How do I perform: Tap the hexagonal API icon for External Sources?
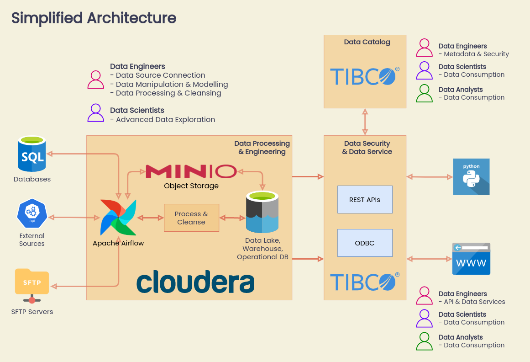click(32, 213)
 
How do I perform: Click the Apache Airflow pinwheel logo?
click(118, 218)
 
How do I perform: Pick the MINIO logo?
click(191, 171)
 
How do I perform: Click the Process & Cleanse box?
click(191, 218)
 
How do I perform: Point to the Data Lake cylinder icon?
click(262, 213)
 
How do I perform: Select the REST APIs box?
click(365, 200)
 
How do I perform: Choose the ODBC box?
click(365, 243)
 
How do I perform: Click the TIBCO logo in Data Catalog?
click(365, 76)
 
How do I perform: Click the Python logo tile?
click(471, 177)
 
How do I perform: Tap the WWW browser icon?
click(471, 259)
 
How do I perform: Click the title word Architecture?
click(131, 18)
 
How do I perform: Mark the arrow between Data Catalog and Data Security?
click(365, 122)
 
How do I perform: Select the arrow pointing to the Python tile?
click(429, 176)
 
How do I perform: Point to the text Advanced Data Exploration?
click(165, 120)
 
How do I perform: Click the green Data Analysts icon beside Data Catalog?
click(425, 93)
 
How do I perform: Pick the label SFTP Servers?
click(32, 312)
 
